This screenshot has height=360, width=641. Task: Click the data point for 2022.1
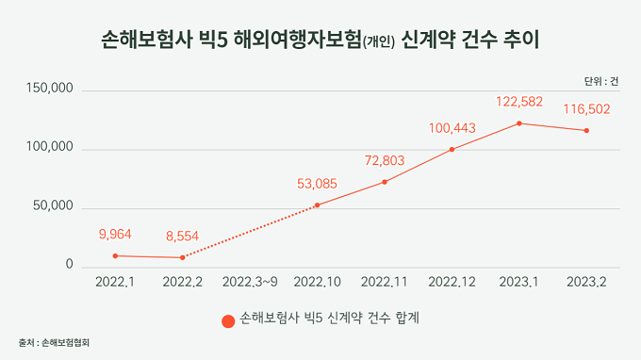[x=115, y=255]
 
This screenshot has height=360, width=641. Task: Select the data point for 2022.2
[x=182, y=257]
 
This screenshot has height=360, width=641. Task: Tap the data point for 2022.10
[x=318, y=205]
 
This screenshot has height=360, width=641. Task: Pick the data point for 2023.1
[x=519, y=123]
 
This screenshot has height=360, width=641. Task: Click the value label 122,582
[x=519, y=102]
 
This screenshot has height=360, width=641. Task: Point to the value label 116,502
[x=586, y=109]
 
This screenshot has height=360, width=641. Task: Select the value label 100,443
[x=452, y=128]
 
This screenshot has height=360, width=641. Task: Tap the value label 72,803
[x=385, y=160]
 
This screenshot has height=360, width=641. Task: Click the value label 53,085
[x=318, y=184]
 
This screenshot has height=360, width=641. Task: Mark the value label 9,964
[x=115, y=234]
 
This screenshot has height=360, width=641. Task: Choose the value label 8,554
[x=182, y=237]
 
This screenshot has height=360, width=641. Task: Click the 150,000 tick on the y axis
[x=49, y=89]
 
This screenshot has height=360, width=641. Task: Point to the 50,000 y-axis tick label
[x=53, y=206]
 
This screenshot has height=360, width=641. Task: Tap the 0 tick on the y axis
[x=70, y=265]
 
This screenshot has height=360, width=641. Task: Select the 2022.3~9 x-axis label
[x=250, y=282]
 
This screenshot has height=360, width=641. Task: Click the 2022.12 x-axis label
[x=452, y=282]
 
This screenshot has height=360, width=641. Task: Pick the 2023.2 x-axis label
[x=586, y=282]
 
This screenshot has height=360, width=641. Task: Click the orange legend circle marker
[x=228, y=321]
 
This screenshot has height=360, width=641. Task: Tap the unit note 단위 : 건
[x=601, y=82]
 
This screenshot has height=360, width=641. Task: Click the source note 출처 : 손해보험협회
[x=54, y=342]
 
